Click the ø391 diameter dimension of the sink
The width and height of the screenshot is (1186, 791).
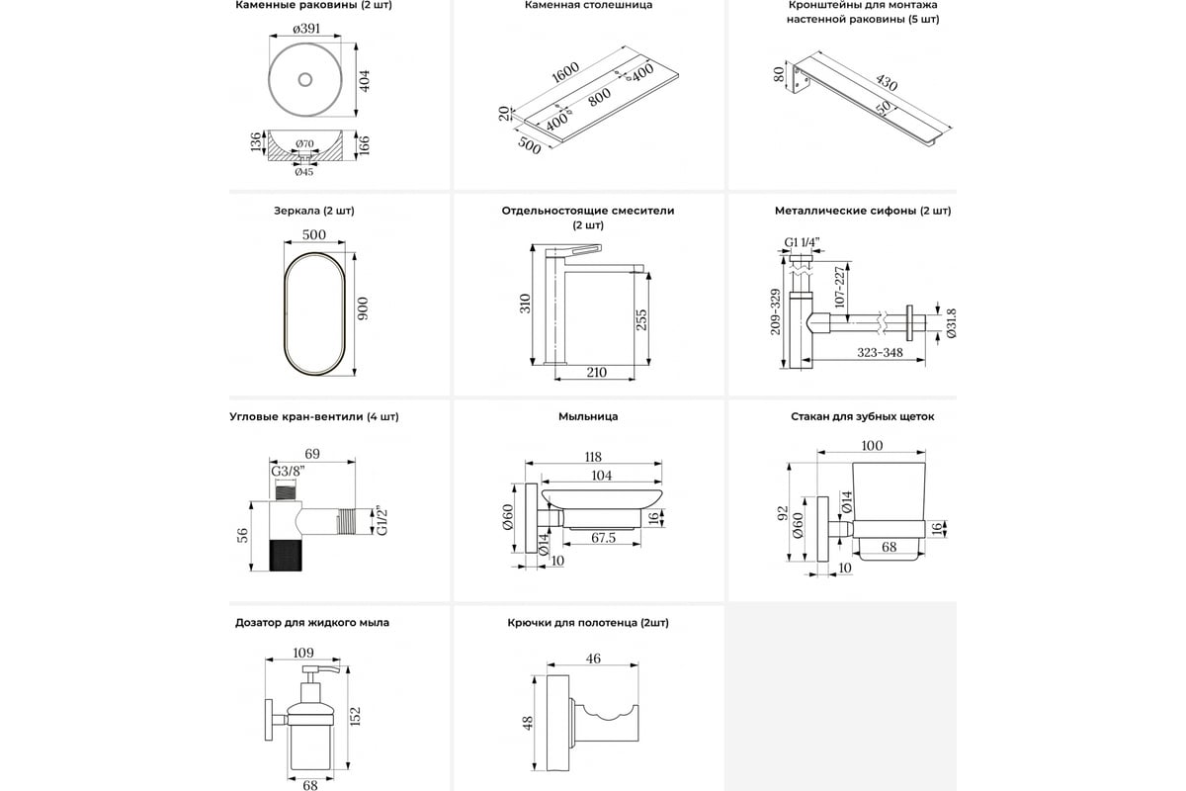pyautogui.click(x=306, y=29)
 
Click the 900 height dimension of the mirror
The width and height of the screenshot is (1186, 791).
pyautogui.click(x=363, y=309)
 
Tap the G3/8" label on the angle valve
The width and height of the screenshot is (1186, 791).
pyautogui.click(x=287, y=471)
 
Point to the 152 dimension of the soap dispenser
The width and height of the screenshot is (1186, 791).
pyautogui.click(x=355, y=713)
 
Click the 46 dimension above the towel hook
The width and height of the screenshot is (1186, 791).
pyautogui.click(x=593, y=658)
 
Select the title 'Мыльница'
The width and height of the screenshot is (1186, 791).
pyautogui.click(x=587, y=417)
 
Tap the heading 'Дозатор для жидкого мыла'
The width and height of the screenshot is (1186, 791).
pyautogui.click(x=312, y=623)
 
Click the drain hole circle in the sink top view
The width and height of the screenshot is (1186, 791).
pyautogui.click(x=305, y=78)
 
